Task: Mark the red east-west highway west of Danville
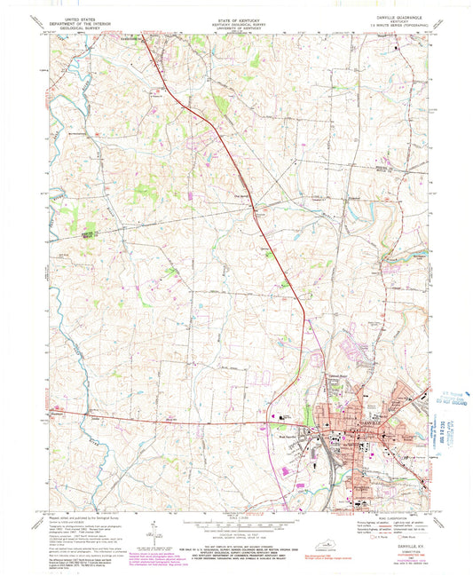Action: [x=177, y=419]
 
